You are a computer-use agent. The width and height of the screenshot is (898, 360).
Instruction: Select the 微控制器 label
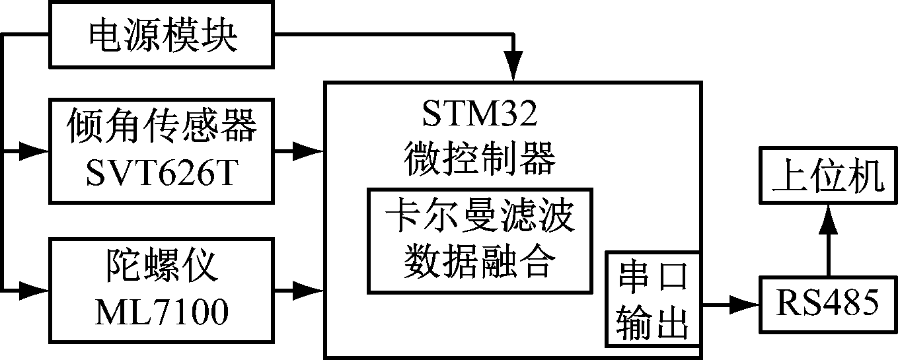point(480,157)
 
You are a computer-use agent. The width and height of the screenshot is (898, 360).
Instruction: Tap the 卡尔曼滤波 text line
point(480,219)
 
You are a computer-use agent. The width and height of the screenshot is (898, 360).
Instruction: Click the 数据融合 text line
point(480,262)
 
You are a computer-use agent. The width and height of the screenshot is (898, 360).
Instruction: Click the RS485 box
point(828,305)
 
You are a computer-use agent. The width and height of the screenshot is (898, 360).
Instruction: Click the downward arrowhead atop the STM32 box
point(513,67)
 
